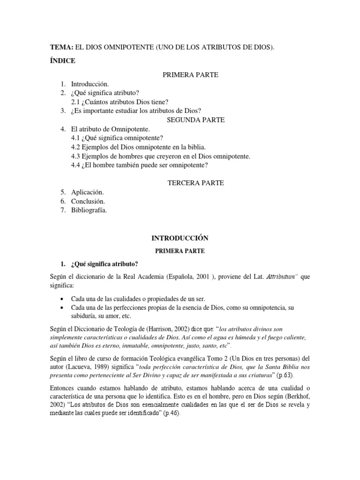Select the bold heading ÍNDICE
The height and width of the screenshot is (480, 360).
pos(63,61)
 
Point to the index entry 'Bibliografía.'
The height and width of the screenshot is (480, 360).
pos(89,210)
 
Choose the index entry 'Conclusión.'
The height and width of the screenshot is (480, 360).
pos(88,202)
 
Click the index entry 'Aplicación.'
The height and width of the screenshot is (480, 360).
pos(87,193)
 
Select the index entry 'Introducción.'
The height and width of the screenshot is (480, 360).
pos(90,84)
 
